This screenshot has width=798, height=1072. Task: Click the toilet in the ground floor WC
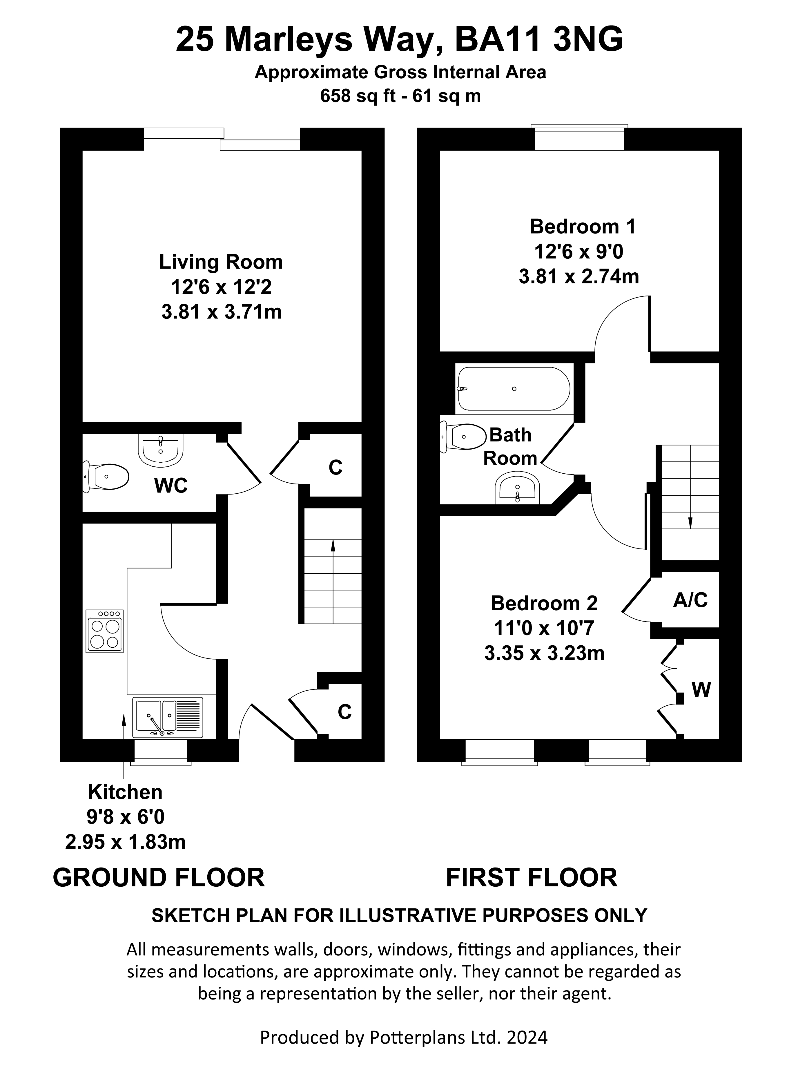(106, 477)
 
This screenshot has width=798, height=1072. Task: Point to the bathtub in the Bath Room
(514, 389)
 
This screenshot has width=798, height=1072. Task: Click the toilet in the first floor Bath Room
(463, 437)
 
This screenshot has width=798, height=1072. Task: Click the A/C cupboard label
(690, 600)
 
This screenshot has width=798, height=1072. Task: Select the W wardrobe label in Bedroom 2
(701, 690)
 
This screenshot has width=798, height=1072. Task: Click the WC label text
(171, 486)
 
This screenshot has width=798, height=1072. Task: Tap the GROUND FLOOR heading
(159, 877)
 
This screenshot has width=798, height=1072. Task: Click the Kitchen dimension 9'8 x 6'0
(126, 817)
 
